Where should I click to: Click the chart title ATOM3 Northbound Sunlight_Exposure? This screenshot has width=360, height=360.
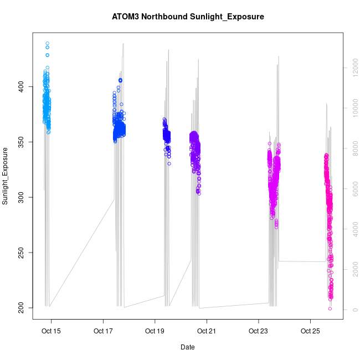tap(188, 17)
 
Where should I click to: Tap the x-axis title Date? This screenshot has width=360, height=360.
tap(188, 347)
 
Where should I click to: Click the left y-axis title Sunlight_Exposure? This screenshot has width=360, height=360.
tap(6, 176)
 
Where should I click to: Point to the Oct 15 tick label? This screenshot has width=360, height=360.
tap(52, 331)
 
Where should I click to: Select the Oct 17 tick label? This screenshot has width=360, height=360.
tap(103, 331)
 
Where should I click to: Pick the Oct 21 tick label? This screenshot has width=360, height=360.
tap(207, 331)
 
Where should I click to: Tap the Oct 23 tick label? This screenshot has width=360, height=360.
tap(258, 331)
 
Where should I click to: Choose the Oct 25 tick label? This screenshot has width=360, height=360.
tap(310, 331)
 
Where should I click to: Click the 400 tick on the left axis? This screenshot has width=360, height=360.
tap(22, 87)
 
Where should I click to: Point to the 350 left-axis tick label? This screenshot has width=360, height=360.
tap(22, 142)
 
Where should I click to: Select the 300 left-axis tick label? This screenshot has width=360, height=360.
tap(22, 197)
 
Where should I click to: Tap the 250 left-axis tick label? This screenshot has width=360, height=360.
tap(22, 253)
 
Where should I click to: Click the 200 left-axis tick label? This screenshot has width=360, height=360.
tap(22, 307)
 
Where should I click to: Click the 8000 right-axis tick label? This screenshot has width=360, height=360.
tap(351, 148)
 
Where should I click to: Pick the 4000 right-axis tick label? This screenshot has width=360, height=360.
tap(351, 229)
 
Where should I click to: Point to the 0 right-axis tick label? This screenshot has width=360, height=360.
tap(351, 309)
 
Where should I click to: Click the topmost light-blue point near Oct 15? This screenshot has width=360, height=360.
tap(48, 43)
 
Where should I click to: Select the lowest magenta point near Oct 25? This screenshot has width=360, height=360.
tap(330, 308)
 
